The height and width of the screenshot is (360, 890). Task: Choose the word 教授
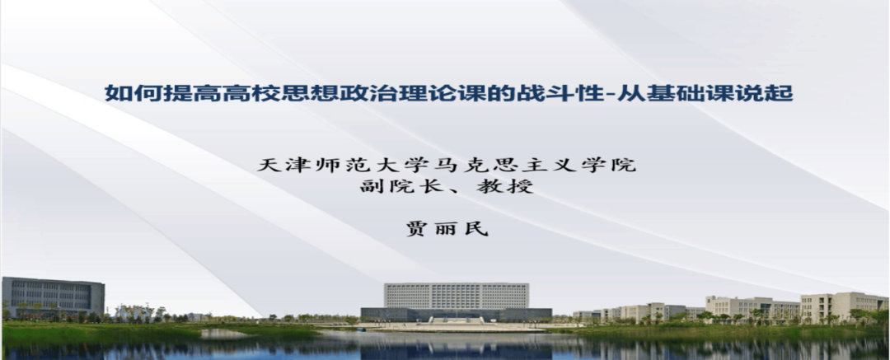pyautogui.click(x=504, y=185)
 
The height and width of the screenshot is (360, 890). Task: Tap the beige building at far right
pyautogui.click(x=844, y=306)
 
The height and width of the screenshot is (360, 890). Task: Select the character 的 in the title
pyautogui.click(x=502, y=93)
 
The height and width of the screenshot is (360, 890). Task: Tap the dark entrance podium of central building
pyautogui.click(x=457, y=315)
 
